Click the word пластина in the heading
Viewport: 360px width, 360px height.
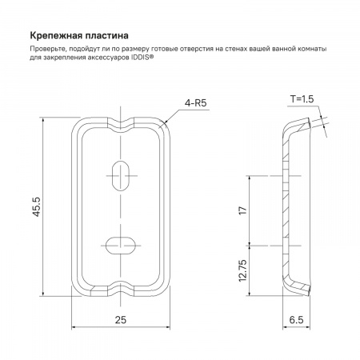point(106,36)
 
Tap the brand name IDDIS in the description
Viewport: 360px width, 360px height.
point(141,58)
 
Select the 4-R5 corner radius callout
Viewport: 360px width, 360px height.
point(196,103)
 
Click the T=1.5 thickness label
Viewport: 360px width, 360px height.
point(302,99)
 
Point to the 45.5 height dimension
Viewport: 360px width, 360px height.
point(36,206)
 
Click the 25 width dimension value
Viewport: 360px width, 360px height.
point(121,319)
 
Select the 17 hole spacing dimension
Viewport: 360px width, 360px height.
point(243,210)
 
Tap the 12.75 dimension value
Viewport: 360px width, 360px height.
point(243,270)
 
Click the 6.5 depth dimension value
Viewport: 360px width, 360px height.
point(296,319)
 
